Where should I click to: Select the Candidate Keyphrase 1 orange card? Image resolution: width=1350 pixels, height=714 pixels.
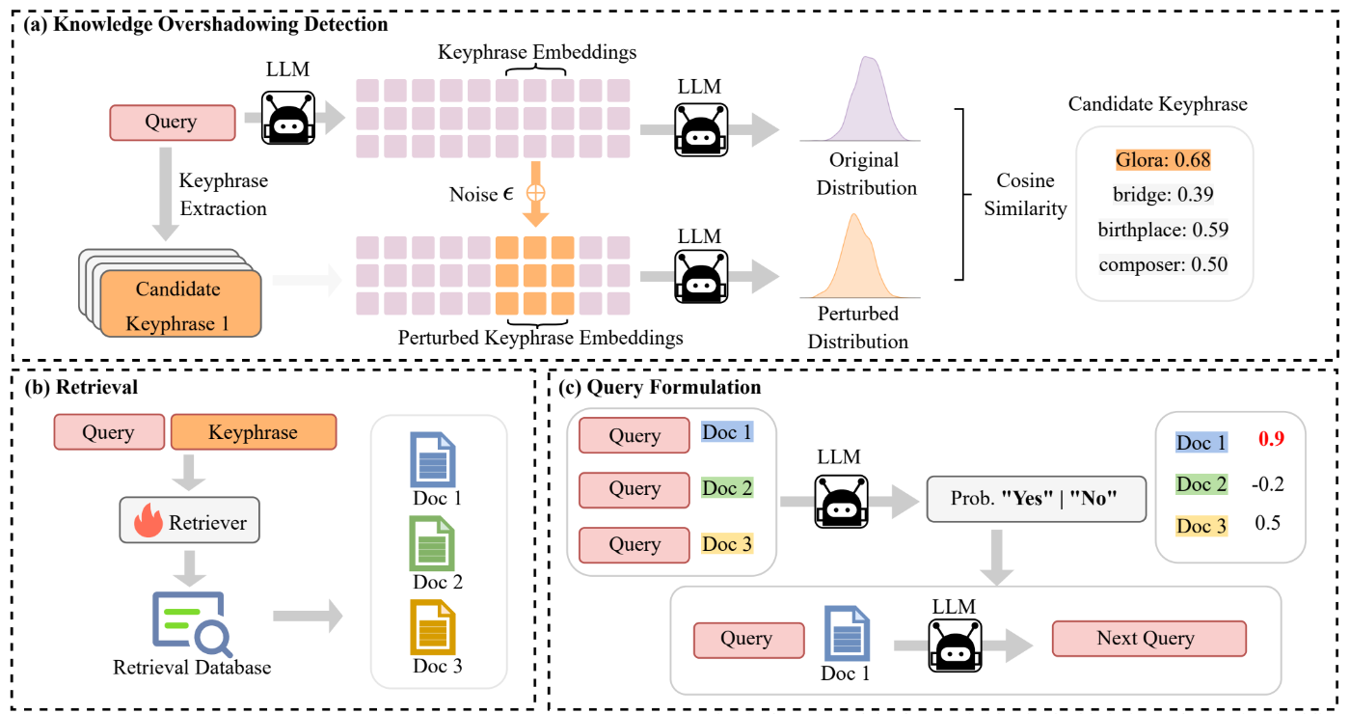(177, 305)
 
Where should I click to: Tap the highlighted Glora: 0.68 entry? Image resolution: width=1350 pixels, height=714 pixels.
(1163, 160)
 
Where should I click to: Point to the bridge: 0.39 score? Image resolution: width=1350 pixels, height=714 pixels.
(1162, 195)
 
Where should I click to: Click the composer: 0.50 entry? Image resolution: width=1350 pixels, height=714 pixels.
(1163, 264)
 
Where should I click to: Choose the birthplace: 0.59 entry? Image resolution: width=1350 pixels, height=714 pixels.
(1163, 230)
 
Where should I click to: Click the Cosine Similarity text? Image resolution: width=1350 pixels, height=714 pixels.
(1025, 194)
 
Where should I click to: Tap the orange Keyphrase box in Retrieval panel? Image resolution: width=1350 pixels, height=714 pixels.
(253, 432)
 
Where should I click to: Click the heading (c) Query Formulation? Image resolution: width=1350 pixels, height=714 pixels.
(660, 388)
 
